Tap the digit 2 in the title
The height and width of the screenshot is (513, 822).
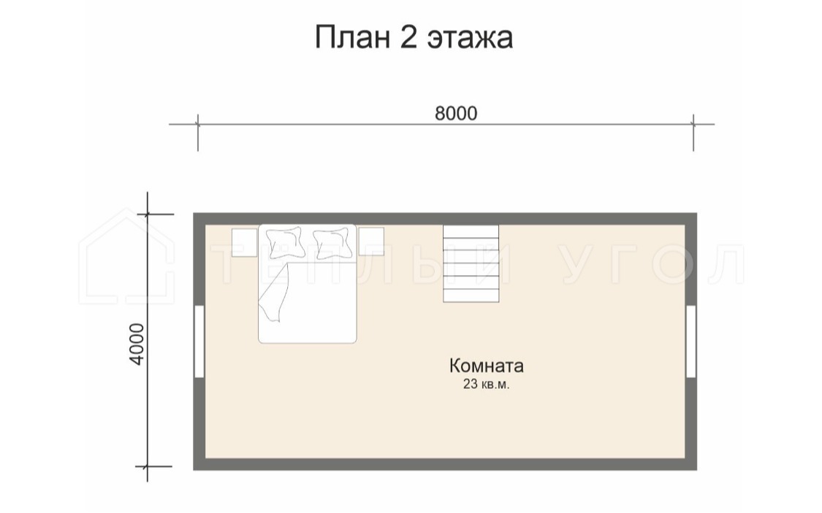point(409,37)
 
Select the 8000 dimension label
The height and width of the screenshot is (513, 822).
point(456,113)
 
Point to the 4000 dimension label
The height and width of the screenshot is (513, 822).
point(137,344)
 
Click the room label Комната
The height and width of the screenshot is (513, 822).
point(487,366)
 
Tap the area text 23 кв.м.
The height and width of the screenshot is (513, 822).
point(487,385)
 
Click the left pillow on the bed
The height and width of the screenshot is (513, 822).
point(286,241)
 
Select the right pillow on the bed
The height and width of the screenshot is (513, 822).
point(333,241)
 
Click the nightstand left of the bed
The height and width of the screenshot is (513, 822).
point(244,242)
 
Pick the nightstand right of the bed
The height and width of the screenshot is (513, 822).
point(371,242)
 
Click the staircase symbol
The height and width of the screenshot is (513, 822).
point(471,264)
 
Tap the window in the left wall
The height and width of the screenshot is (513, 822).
point(199,342)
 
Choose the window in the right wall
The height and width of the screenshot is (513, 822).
point(691,342)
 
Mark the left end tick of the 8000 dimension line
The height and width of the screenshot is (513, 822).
point(197,125)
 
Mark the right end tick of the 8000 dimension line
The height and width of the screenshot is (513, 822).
point(693,125)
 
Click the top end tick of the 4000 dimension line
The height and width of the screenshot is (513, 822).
point(148,214)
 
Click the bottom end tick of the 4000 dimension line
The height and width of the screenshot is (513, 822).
point(148,466)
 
